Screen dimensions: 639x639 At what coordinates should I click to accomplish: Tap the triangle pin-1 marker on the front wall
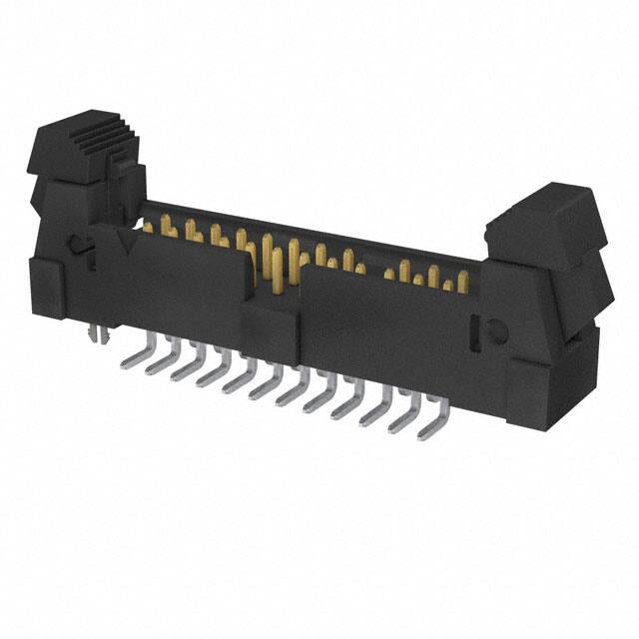[126, 241]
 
